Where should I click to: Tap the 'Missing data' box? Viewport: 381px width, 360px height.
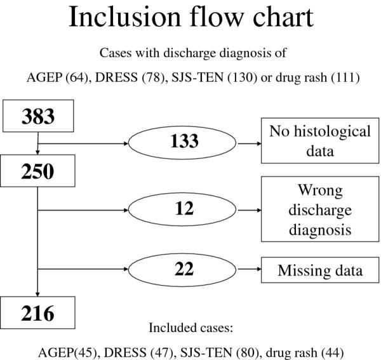click(x=320, y=270)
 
